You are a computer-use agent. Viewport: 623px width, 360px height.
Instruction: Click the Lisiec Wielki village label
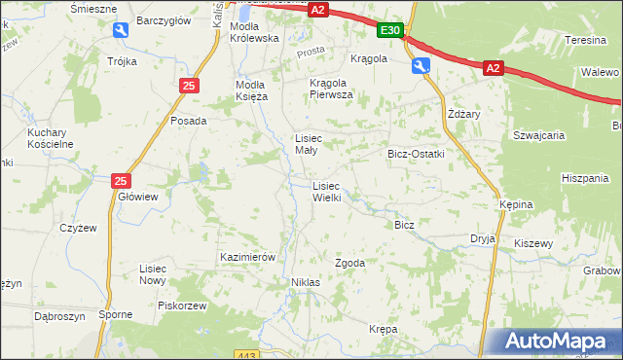pos(326,191)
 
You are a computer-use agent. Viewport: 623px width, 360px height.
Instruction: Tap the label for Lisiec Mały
pos(316,143)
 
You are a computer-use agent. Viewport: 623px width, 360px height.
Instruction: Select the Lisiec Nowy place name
pos(153,273)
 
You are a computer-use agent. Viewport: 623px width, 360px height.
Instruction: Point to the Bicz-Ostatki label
pos(416,154)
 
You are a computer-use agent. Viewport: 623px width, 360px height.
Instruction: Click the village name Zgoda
pos(349,263)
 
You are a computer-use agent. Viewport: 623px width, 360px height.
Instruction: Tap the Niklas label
pos(306,281)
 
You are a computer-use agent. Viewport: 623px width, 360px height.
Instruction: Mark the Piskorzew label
pos(182,305)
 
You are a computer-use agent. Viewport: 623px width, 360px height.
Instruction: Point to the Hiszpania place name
pos(585,178)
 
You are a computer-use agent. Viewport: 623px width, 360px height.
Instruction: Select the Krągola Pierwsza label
pos(331,89)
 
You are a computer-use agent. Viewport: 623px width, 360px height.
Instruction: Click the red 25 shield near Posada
pos(189,87)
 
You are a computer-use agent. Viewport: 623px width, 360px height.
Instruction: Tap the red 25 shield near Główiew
pos(120,181)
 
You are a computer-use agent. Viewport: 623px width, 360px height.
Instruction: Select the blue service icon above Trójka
pos(120,31)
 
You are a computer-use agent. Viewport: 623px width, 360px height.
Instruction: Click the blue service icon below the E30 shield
pos(421,65)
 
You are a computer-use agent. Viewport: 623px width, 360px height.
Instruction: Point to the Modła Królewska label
pos(254,31)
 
